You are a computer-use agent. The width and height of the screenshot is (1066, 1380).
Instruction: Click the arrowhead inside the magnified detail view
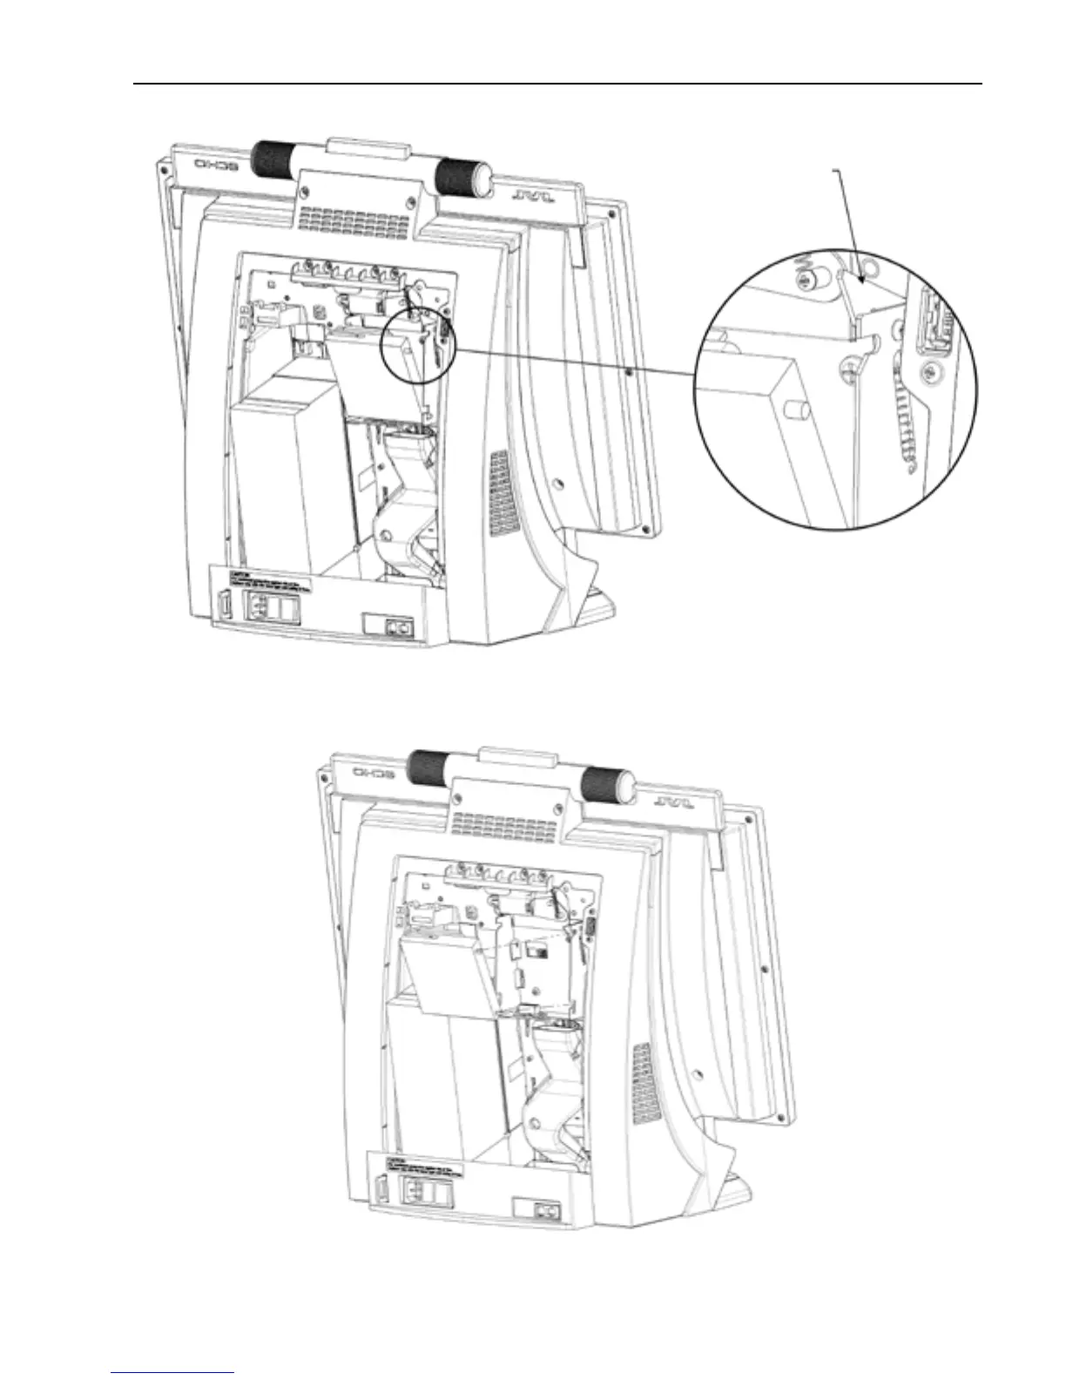pos(860,277)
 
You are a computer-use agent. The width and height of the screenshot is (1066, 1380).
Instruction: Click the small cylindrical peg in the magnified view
pos(794,409)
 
